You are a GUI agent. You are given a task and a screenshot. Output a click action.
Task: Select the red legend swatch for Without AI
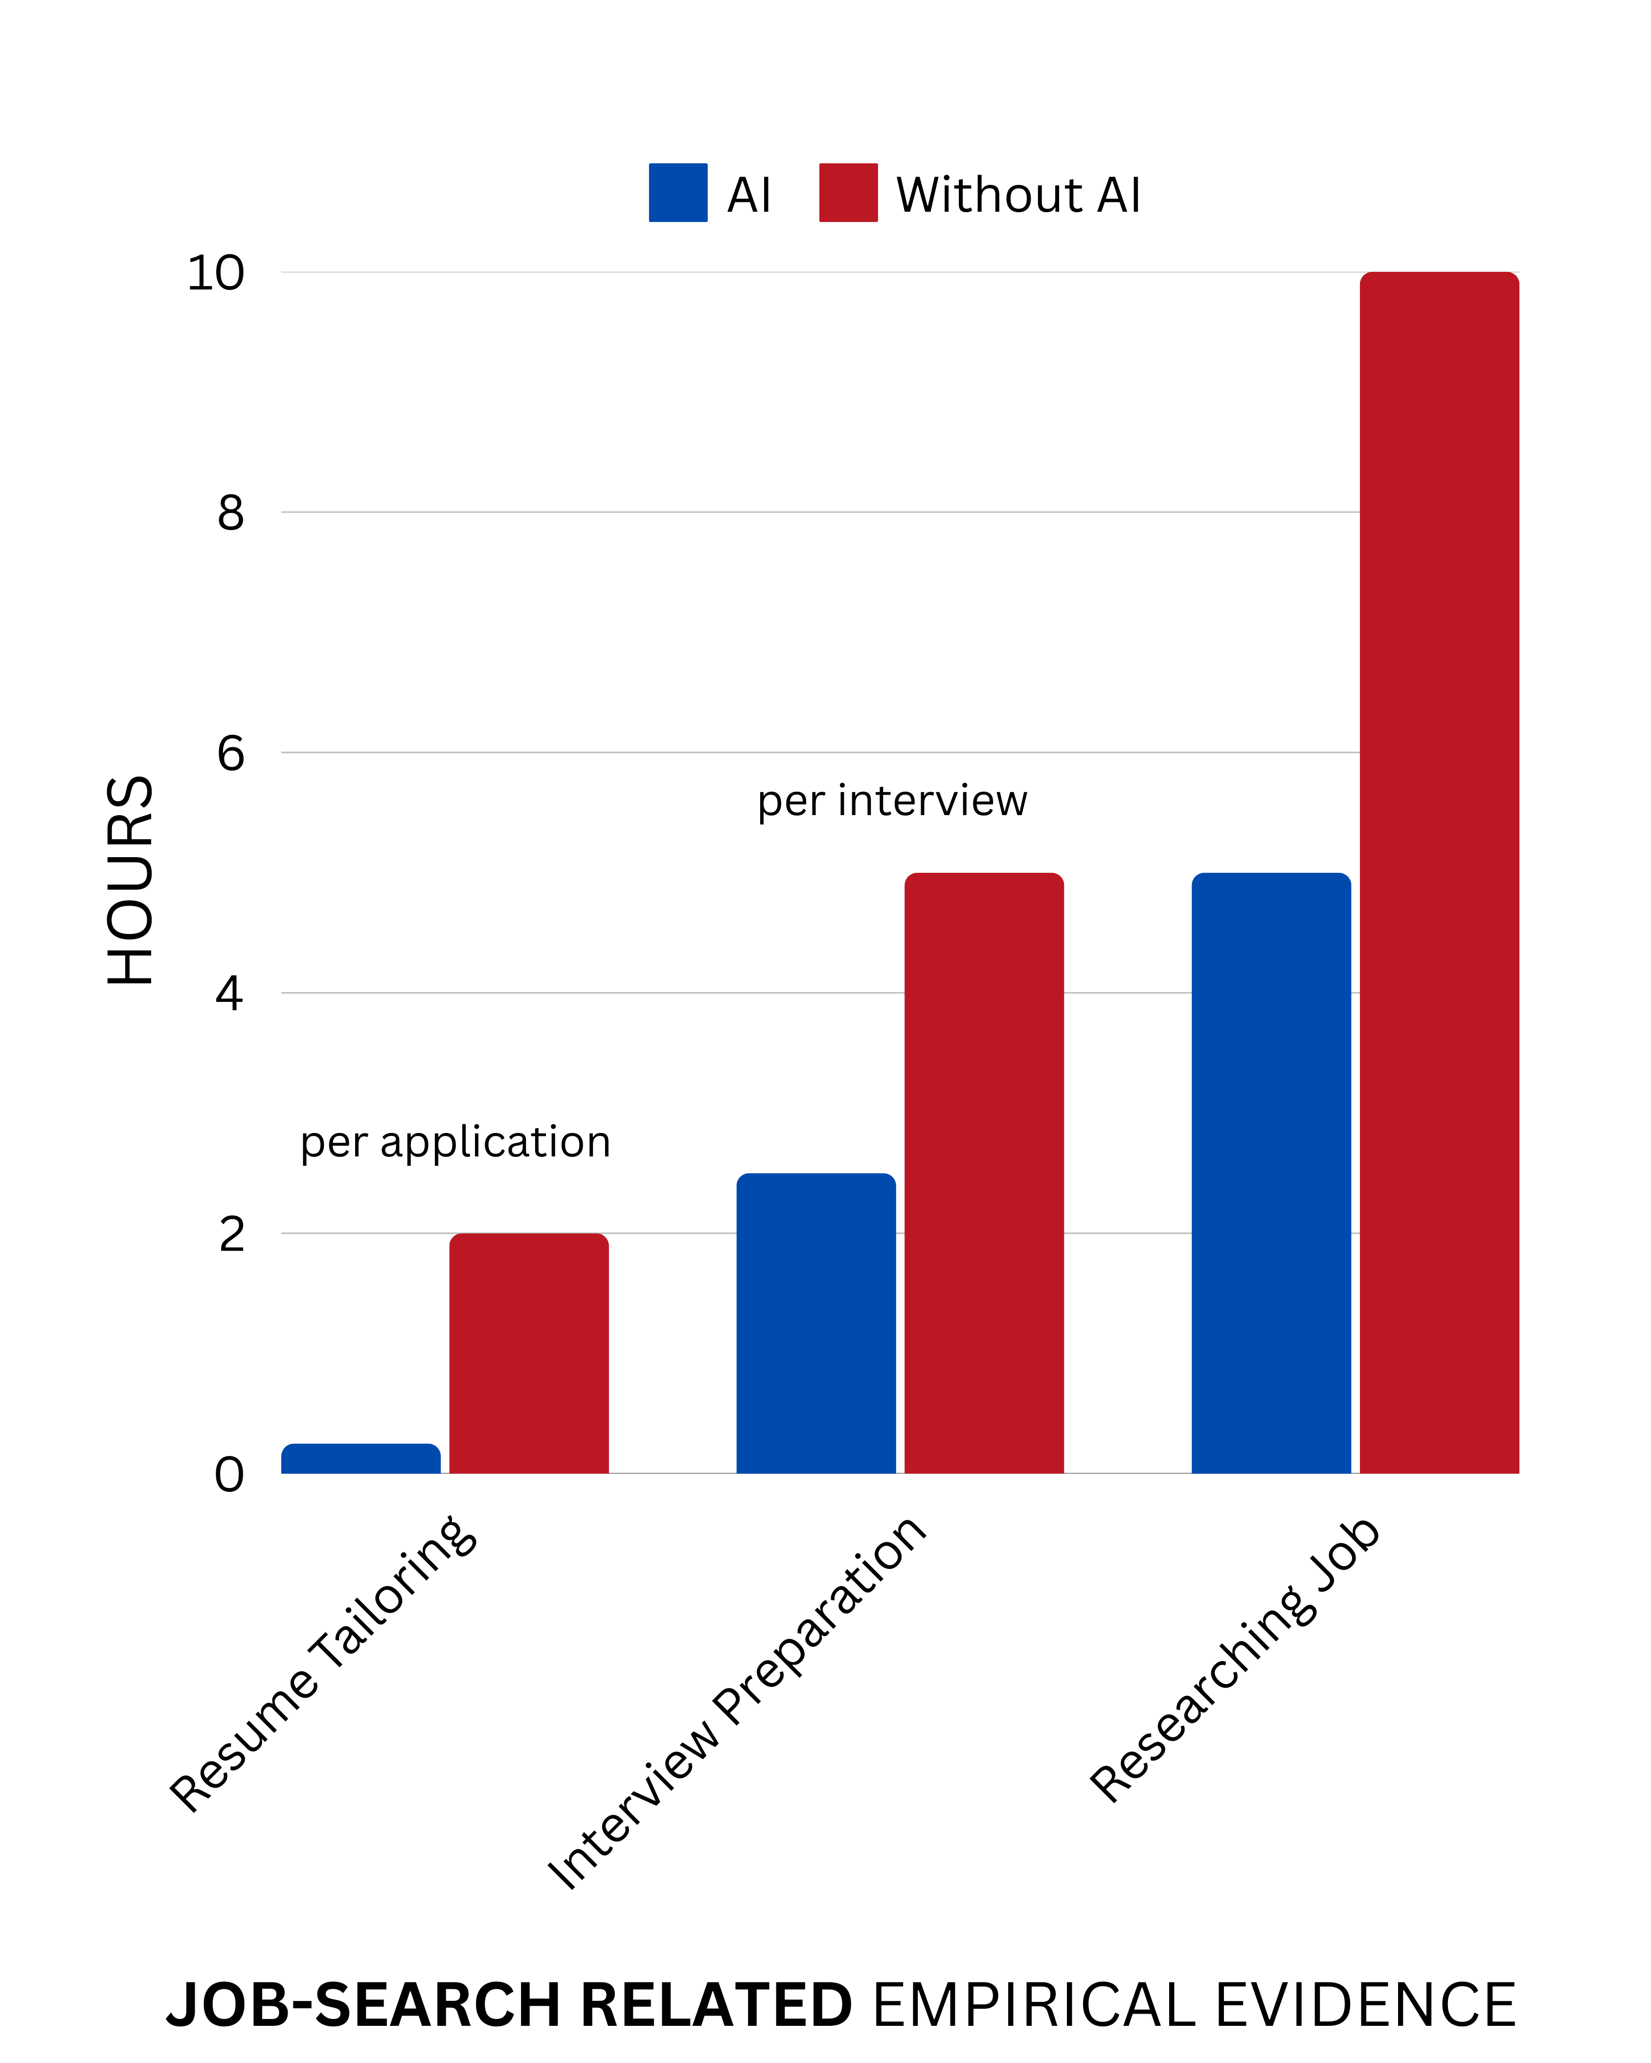click(x=848, y=193)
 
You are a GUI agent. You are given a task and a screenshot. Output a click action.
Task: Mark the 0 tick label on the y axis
click(x=230, y=1475)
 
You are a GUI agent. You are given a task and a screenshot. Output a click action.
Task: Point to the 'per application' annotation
click(x=455, y=1142)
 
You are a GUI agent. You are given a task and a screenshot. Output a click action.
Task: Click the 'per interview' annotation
click(x=892, y=801)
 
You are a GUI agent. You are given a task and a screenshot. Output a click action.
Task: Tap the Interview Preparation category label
click(x=737, y=1703)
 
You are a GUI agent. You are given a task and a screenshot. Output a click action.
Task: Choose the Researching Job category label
click(x=1235, y=1660)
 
